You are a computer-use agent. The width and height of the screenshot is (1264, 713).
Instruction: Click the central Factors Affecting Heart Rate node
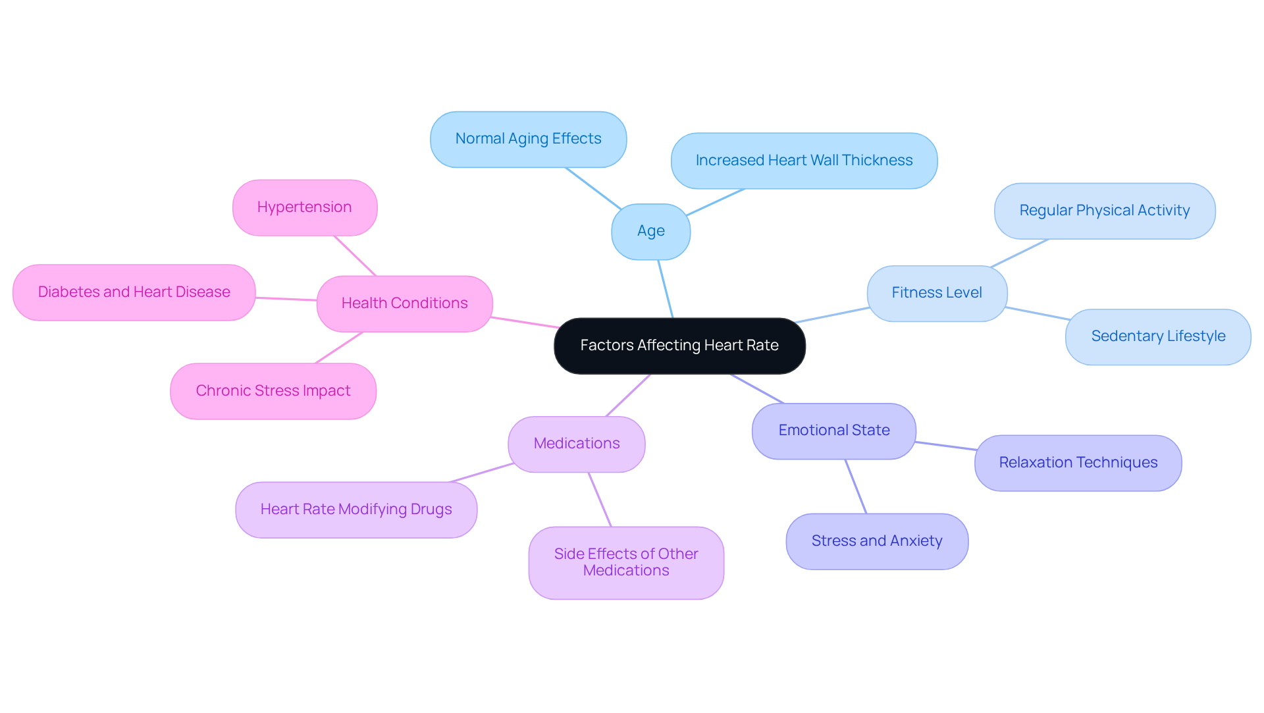679,346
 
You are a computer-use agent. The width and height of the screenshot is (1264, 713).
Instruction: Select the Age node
650,231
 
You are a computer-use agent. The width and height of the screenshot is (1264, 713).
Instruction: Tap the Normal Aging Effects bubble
528,139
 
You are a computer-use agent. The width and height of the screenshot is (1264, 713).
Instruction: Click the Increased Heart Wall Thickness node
804,161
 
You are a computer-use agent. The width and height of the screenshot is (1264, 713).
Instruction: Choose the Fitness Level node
936,293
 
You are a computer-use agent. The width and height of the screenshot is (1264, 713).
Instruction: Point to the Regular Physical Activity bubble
1104,211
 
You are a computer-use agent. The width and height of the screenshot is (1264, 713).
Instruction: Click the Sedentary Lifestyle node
1157,336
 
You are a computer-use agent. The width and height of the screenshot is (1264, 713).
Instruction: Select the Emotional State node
833,431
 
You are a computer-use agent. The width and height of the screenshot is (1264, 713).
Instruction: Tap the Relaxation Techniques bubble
1078,463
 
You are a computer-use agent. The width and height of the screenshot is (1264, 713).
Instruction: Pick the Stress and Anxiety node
876,541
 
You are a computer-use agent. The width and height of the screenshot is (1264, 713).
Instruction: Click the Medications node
576,444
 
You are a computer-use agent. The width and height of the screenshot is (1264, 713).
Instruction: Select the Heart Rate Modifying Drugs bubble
355,510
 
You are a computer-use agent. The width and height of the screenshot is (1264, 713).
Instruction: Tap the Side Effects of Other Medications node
625,562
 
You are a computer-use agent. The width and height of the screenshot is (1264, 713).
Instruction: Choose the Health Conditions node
404,304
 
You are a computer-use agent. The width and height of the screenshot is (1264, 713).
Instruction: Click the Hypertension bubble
304,207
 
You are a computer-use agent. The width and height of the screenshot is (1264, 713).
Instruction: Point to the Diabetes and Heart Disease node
134,292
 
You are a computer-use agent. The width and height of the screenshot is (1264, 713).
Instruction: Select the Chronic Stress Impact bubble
273,391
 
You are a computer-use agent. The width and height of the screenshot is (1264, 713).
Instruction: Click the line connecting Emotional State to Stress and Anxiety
856,487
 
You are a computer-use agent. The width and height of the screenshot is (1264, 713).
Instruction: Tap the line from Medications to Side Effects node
600,500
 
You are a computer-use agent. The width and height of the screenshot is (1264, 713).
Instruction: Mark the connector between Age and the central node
666,289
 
